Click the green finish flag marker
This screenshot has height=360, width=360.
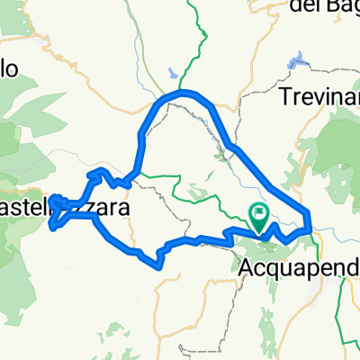260,215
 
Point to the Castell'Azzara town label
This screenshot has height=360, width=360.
63,208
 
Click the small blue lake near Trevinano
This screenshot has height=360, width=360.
294,63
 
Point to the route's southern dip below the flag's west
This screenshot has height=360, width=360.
159,262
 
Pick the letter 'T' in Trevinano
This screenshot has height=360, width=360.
286,94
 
